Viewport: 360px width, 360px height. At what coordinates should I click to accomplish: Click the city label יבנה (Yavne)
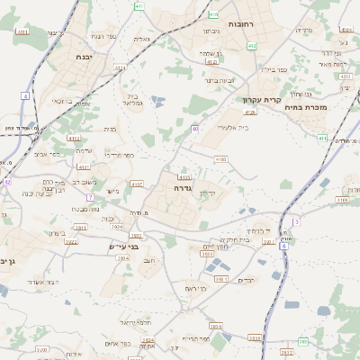click(85, 57)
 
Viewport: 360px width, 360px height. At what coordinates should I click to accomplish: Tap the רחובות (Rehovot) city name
click(244, 23)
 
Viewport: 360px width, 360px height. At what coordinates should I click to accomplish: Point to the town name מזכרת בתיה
click(310, 108)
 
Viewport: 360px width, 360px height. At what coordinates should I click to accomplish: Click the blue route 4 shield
click(25, 95)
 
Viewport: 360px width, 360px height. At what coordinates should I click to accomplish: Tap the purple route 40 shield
click(194, 130)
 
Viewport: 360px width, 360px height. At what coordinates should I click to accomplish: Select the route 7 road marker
click(90, 196)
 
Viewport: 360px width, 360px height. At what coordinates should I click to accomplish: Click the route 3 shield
click(295, 220)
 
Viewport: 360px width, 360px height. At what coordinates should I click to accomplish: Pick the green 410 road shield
click(213, 14)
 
